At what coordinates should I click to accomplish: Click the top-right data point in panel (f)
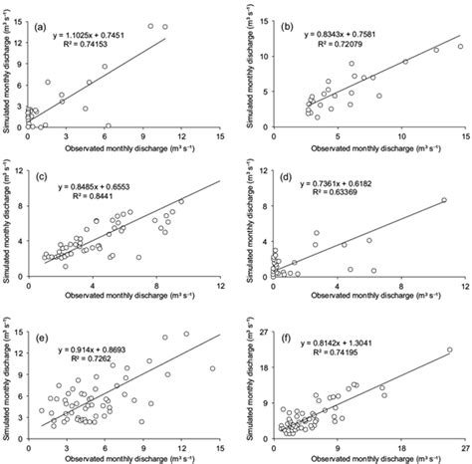[449, 349]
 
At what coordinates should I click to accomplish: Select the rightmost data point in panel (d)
[444, 200]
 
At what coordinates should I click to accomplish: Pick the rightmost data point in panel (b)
[460, 46]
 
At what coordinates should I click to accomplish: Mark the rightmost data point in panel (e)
[212, 368]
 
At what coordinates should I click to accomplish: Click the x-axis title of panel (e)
[121, 455]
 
